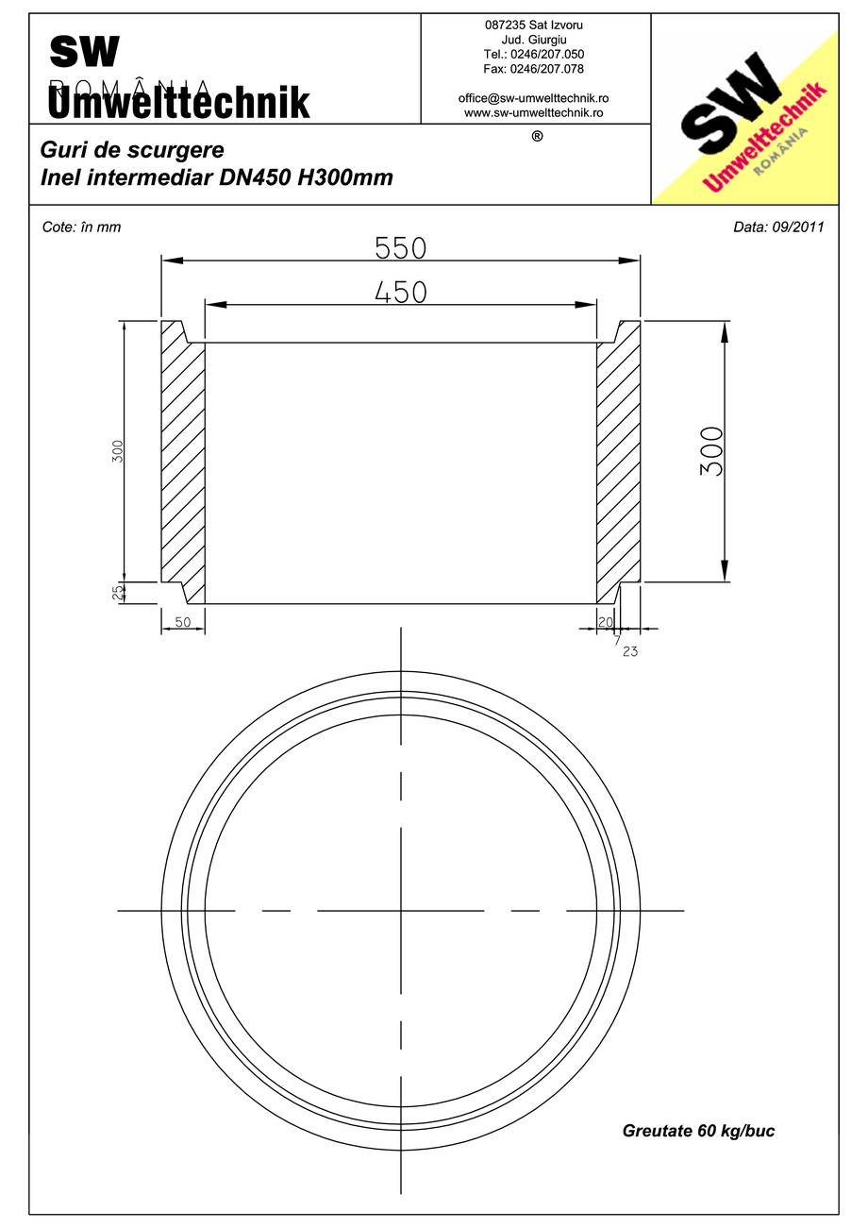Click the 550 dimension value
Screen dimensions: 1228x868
[x=401, y=248]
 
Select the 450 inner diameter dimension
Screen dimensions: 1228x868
[x=401, y=293]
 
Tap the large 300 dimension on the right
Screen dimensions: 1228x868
[x=712, y=451]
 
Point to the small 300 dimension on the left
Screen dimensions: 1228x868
[x=118, y=451]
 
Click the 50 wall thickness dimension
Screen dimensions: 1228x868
[x=183, y=622]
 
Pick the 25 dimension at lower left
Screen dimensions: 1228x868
[x=118, y=593]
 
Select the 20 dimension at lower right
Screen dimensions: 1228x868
[x=605, y=622]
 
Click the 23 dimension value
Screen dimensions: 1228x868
[x=630, y=650]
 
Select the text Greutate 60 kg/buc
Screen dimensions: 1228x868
[x=698, y=1131]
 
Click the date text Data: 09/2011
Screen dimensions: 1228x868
[x=778, y=227]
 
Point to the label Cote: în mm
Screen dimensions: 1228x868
[x=82, y=227]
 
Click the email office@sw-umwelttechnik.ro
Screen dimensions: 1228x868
[x=533, y=98]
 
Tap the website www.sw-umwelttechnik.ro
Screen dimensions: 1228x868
[x=533, y=112]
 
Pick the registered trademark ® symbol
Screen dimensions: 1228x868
[x=537, y=136]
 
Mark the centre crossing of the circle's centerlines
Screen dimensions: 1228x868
[x=401, y=911]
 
